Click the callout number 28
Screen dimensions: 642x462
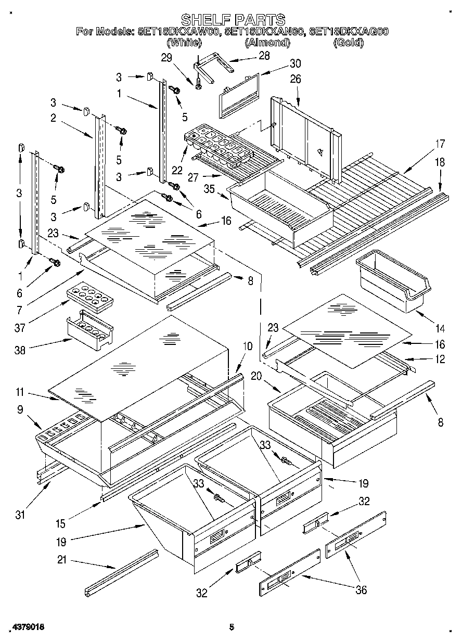click(x=265, y=55)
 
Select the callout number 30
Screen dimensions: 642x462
click(x=295, y=63)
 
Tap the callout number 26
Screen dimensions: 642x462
click(x=296, y=80)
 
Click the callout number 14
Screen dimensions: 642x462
click(x=440, y=328)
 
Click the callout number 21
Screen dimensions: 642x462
click(x=61, y=561)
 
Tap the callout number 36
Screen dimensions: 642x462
click(x=360, y=589)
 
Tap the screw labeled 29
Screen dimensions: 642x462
click(x=198, y=82)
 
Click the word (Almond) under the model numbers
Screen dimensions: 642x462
click(x=267, y=43)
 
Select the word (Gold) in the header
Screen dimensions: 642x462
click(x=348, y=43)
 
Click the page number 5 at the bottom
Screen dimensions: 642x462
click(x=233, y=627)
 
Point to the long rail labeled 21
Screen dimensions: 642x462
click(x=122, y=572)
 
